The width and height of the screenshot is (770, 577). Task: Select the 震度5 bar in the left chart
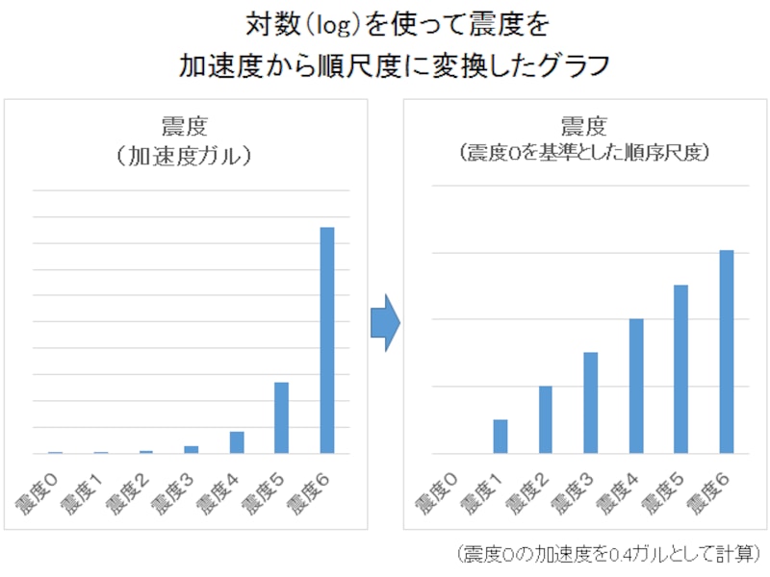click(281, 417)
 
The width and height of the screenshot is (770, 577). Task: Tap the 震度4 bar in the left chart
click(237, 442)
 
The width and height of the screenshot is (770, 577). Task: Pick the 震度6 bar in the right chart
click(727, 351)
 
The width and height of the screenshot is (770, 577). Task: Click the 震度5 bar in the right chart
click(681, 368)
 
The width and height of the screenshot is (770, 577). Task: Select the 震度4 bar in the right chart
click(636, 386)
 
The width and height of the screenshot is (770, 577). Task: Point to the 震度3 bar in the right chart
click(591, 402)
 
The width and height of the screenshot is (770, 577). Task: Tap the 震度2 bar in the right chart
click(546, 419)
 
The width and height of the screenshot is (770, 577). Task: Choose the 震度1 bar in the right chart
click(500, 436)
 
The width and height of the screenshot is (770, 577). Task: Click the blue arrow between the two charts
click(384, 323)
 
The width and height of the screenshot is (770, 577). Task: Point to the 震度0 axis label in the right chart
click(438, 490)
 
